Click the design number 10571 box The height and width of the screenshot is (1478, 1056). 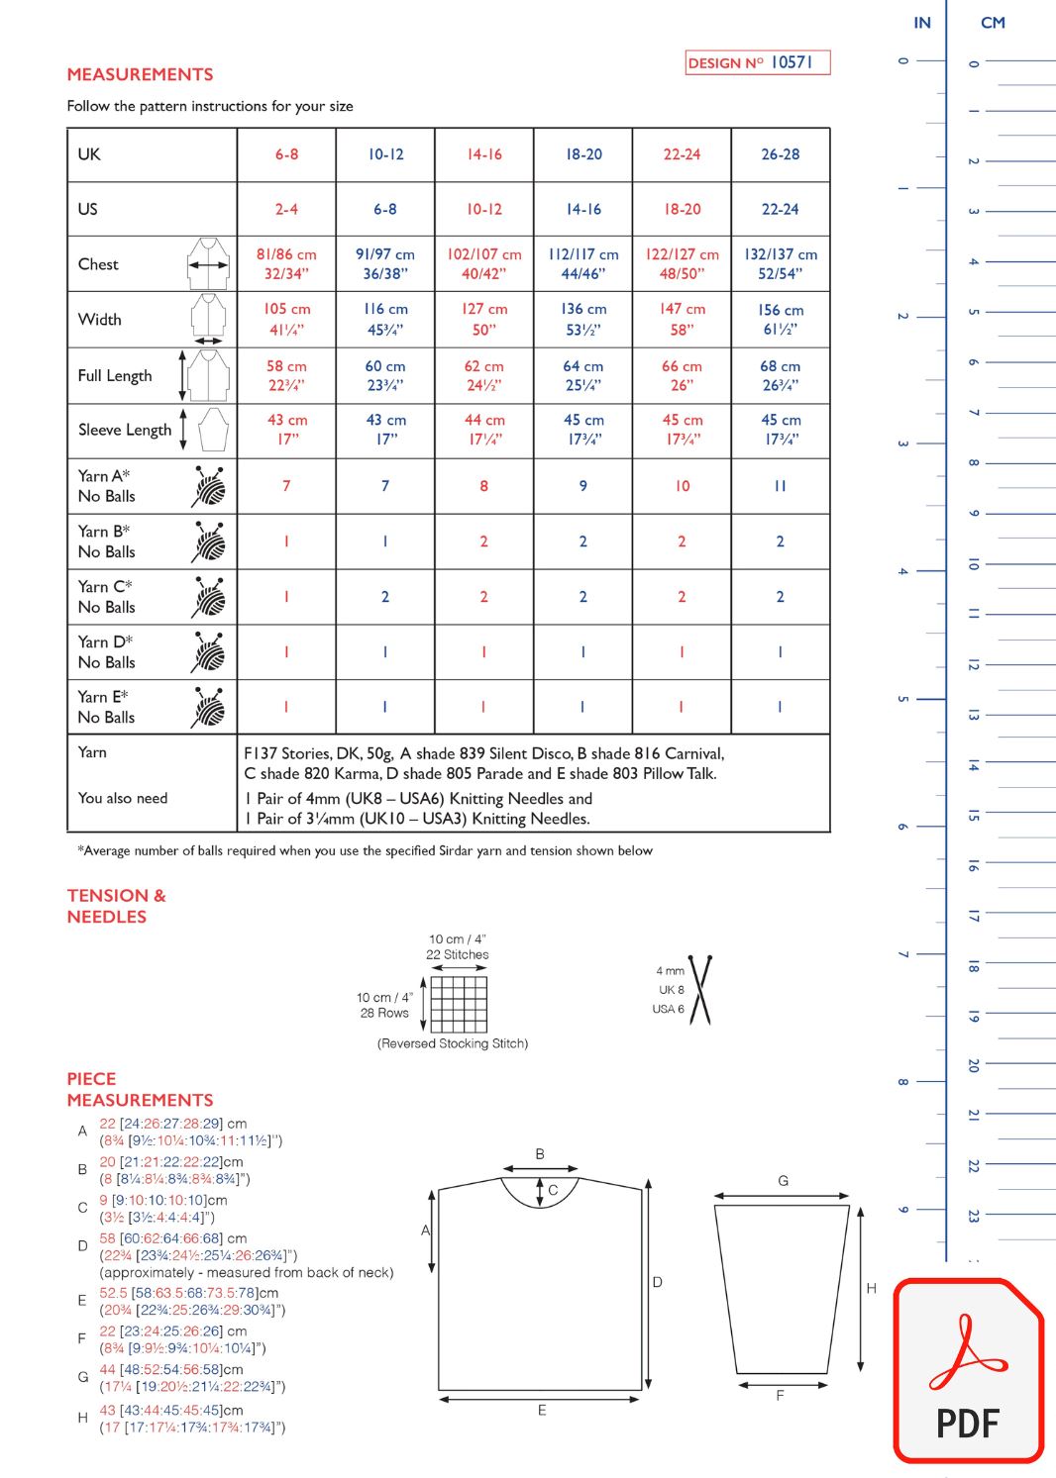[x=757, y=62]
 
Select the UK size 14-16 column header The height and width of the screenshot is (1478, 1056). [x=484, y=154]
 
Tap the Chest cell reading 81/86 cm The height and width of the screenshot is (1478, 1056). [x=286, y=263]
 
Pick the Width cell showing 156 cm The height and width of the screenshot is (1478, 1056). [x=781, y=320]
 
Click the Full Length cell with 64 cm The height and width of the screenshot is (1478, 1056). [x=582, y=376]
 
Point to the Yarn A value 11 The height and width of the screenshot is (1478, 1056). [x=781, y=486]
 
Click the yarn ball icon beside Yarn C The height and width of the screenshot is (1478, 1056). [x=209, y=597]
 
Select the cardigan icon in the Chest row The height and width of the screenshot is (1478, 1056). [x=208, y=263]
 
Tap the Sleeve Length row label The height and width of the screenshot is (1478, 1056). [x=125, y=430]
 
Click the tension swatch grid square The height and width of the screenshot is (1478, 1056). [x=459, y=1004]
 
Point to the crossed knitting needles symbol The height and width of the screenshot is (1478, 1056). [x=701, y=990]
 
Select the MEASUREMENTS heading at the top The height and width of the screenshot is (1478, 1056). [x=140, y=74]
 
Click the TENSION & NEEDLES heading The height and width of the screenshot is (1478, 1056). [x=116, y=906]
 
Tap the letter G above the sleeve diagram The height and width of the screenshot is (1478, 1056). [x=783, y=1181]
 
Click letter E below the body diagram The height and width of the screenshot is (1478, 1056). [x=542, y=1411]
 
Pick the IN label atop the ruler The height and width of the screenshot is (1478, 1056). [x=922, y=23]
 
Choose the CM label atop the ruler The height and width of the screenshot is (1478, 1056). [x=993, y=23]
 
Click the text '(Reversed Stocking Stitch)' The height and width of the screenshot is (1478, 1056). [x=453, y=1043]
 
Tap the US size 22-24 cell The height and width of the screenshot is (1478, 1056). [x=781, y=209]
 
